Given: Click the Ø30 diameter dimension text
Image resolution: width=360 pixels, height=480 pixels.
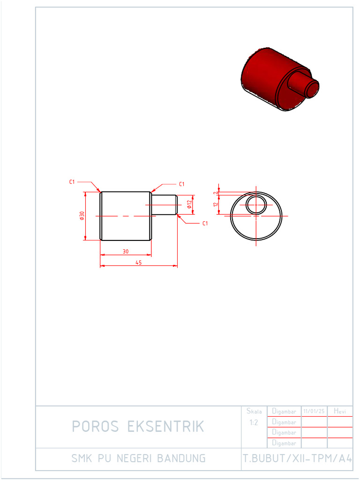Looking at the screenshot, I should click(x=82, y=216).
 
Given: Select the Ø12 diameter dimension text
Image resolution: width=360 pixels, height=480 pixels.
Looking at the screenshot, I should click(x=189, y=204).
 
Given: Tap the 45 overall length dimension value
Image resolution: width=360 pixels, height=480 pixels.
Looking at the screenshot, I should click(x=139, y=263).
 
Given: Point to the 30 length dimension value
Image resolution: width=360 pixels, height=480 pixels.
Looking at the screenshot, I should click(x=126, y=252).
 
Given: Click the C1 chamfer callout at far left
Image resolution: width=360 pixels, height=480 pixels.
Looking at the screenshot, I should click(x=72, y=181).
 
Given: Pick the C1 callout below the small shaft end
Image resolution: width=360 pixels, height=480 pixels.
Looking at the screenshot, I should click(x=205, y=224).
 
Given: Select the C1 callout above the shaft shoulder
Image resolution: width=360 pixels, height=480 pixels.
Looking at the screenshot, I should click(x=181, y=184).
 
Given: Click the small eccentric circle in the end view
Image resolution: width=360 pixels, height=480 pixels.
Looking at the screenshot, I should click(x=256, y=205).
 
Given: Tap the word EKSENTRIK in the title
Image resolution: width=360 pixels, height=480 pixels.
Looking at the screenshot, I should click(x=166, y=427).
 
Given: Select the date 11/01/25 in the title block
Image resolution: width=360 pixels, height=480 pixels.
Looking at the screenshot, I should click(x=314, y=411).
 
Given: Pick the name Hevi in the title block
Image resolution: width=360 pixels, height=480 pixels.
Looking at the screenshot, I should click(x=340, y=411).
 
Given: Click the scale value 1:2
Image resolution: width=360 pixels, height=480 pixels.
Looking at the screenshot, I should click(x=254, y=422).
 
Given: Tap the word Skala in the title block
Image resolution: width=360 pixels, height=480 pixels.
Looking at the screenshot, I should click(x=254, y=411).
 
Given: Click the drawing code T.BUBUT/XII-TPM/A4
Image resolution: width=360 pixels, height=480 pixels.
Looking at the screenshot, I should click(x=297, y=458).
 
